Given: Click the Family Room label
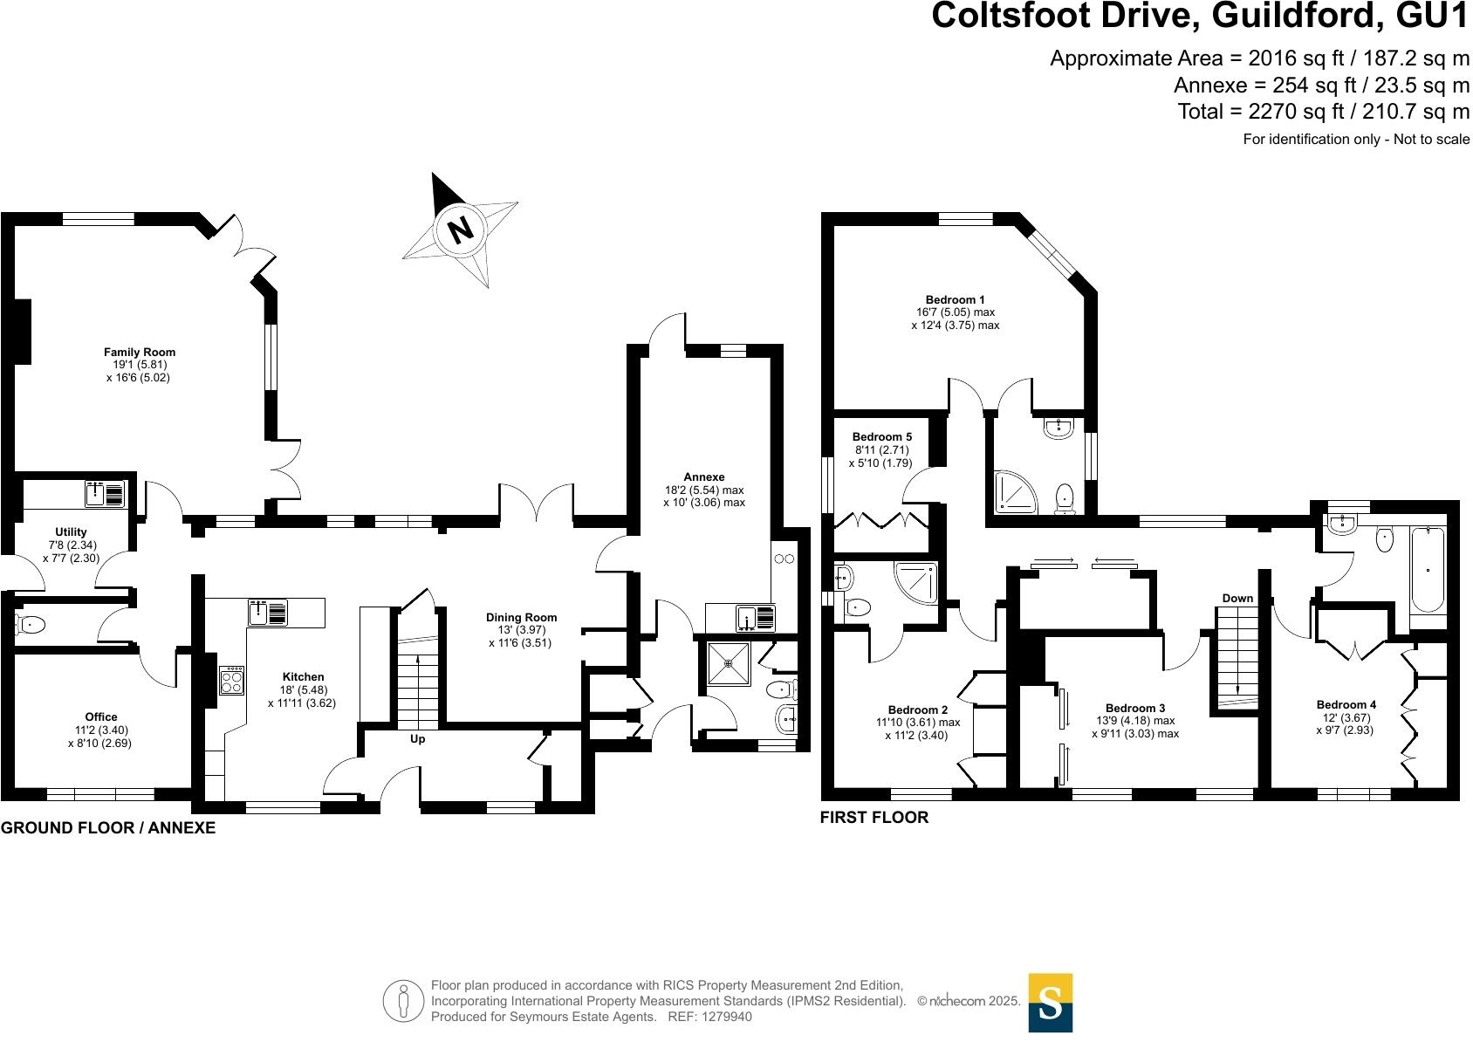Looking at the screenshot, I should coord(140,353).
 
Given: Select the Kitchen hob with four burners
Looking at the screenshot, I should coord(231,680).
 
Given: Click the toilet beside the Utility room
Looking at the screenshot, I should coord(31,624).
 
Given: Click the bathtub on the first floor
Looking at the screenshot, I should coord(1427,569).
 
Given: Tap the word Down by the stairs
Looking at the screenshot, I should coord(1237,598).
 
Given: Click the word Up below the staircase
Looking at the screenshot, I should coord(418,739).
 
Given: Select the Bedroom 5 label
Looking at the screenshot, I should coord(882,436).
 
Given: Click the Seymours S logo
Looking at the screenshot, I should coord(1051,1003).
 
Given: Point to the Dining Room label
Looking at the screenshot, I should coord(521,617).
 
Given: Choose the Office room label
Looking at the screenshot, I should coord(101,717).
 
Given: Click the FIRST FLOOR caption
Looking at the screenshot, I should coord(874,818).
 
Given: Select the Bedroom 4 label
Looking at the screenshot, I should coord(1346,704).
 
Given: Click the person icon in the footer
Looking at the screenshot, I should coord(402,1002).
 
